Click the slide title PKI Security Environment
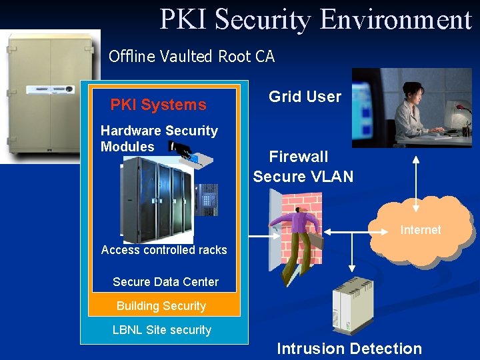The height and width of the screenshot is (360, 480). point(315,19)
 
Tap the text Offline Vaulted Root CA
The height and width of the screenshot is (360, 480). point(191,57)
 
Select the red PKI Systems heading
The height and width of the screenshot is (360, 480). point(158,105)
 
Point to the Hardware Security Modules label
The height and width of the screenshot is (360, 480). point(159,139)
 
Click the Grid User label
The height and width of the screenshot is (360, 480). point(305,97)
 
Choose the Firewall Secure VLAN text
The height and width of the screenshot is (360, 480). point(303,167)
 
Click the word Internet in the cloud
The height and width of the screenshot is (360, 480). point(420,230)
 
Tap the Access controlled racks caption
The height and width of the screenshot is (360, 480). point(164,250)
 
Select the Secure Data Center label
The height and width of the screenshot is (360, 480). point(165,282)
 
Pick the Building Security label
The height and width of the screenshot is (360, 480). point(161,306)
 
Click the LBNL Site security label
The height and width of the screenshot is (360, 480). point(162,330)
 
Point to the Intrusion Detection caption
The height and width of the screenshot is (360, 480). point(349,349)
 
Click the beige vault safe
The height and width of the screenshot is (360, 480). point(50,97)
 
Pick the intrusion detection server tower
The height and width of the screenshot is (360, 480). point(353,307)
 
